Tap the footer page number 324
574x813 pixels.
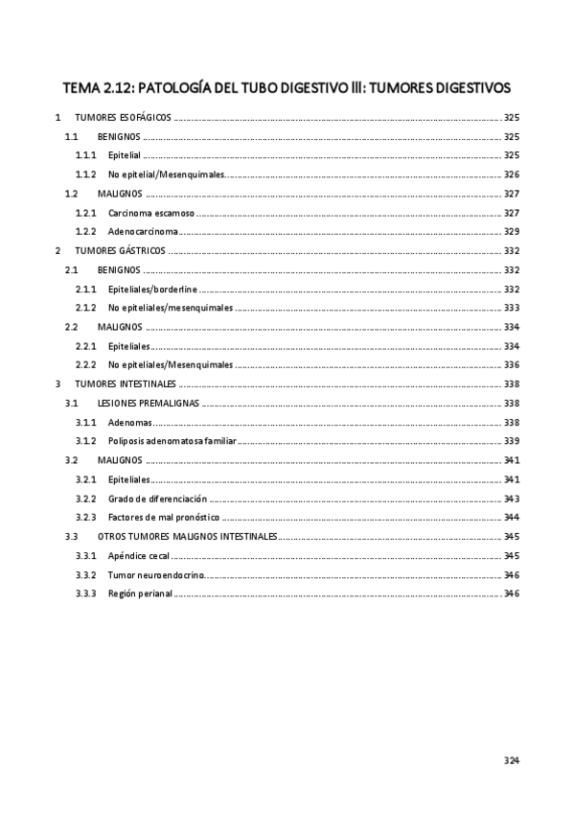(510, 760)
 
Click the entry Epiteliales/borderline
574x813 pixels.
(153, 289)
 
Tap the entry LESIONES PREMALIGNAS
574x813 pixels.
(149, 404)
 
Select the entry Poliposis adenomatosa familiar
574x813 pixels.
(172, 442)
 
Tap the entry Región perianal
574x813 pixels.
(140, 594)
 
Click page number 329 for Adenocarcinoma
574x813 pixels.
(511, 231)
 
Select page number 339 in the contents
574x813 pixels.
(511, 442)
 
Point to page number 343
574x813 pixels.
(511, 499)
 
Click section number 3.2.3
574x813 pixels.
(86, 518)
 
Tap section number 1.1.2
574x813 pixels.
(86, 174)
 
